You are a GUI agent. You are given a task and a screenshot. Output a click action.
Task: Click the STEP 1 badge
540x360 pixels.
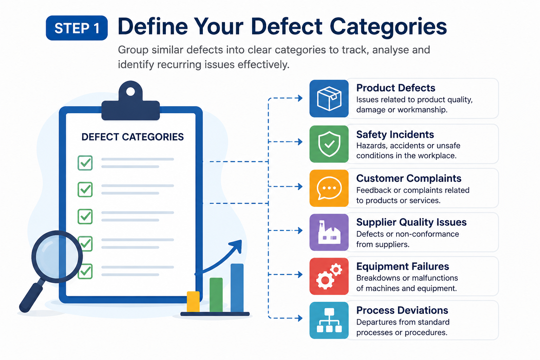(77, 28)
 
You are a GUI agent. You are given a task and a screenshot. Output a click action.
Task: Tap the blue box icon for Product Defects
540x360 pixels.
(329, 99)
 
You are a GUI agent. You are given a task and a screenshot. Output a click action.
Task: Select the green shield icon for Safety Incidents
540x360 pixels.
(329, 144)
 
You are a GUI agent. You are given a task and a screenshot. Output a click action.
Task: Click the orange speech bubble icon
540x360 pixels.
(329, 188)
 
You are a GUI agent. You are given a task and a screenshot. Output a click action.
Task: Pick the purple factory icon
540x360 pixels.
(329, 232)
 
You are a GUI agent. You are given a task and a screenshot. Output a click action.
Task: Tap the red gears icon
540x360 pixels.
(329, 276)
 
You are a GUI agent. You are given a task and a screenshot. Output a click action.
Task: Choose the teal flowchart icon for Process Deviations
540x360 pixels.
(329, 321)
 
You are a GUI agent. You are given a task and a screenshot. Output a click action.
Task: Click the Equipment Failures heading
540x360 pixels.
(403, 266)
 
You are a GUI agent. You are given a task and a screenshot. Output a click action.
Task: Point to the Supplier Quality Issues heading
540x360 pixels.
(411, 222)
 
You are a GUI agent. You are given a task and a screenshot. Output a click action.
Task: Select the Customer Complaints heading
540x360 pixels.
(409, 179)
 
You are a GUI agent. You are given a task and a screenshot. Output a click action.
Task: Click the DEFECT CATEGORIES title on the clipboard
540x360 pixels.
(133, 137)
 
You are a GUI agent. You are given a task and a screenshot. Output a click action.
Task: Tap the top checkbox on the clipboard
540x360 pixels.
(85, 163)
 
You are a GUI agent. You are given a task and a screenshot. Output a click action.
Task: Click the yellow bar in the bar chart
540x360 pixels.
(193, 302)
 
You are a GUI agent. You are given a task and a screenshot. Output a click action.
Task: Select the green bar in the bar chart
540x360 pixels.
(216, 295)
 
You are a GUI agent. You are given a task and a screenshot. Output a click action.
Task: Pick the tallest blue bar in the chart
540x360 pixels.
(237, 288)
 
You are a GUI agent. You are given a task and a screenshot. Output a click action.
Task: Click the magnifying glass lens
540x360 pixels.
(57, 257)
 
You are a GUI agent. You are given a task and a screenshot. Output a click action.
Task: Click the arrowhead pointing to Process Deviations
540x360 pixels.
(300, 318)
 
